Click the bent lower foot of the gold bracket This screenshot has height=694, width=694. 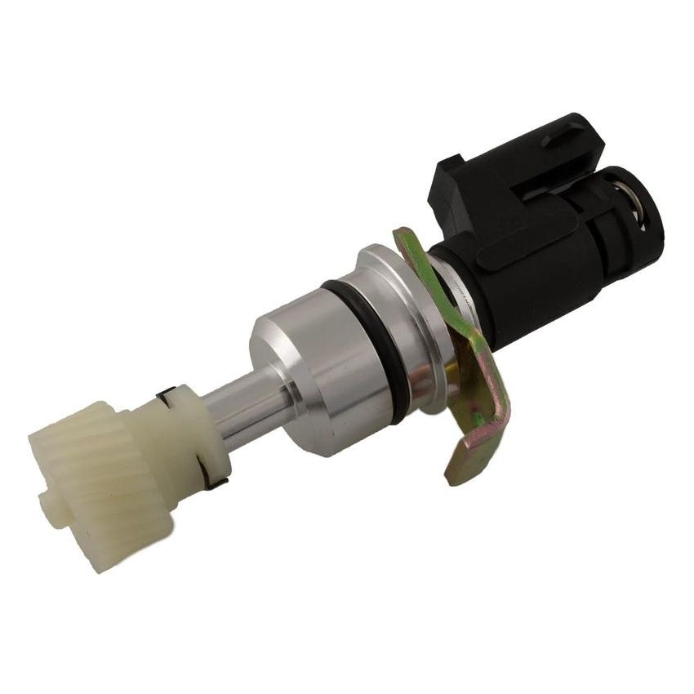[474, 457]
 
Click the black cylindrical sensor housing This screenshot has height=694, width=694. [523, 269]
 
